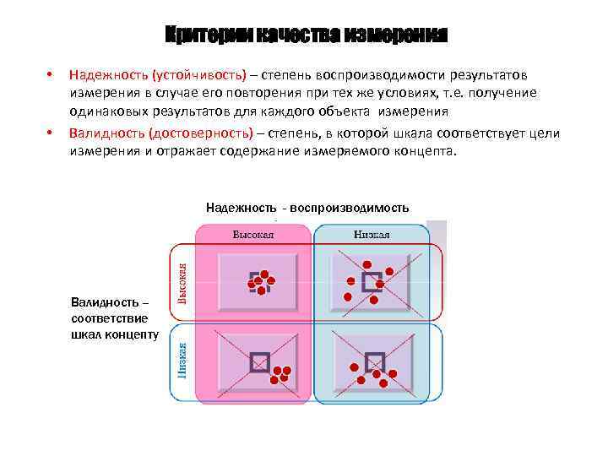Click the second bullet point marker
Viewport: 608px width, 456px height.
click(51, 133)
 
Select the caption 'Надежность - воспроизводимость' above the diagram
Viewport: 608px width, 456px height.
click(307, 208)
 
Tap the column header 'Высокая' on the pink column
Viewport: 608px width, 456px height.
click(253, 234)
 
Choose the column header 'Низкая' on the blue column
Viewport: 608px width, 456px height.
click(372, 234)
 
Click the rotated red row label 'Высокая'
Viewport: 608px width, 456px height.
click(182, 281)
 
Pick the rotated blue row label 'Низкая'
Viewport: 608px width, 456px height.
click(182, 358)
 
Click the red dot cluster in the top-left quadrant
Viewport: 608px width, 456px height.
click(261, 281)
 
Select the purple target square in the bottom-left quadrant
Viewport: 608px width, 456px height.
click(260, 361)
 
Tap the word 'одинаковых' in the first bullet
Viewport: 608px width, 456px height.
click(101, 111)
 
